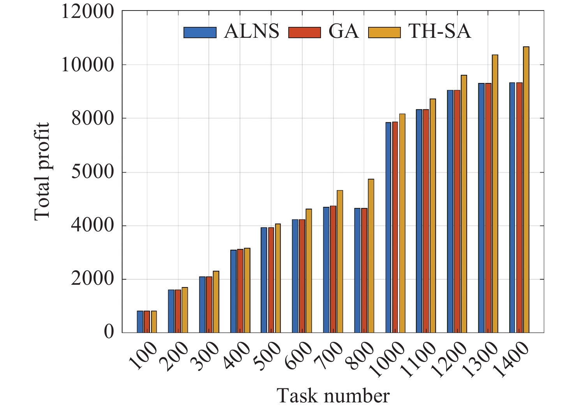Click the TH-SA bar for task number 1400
[x=526, y=190]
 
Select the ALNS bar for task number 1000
[x=388, y=227]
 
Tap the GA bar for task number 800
[x=364, y=270]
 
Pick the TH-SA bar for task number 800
[x=371, y=256]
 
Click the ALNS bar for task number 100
[x=140, y=322]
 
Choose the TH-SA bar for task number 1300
[x=495, y=194]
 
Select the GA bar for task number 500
[x=271, y=280]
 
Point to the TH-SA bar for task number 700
[x=340, y=261]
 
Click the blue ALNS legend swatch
[x=200, y=32]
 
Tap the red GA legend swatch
[x=304, y=32]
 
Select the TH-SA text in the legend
[x=439, y=31]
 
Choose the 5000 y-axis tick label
[x=93, y=172]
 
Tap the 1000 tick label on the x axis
[x=388, y=360]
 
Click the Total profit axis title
[x=42, y=171]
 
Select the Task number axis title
[x=333, y=396]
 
